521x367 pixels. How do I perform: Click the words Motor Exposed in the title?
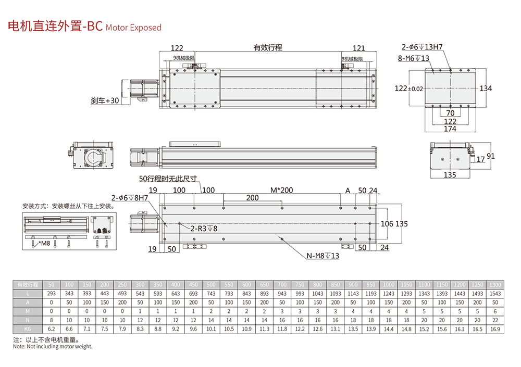click(x=133, y=28)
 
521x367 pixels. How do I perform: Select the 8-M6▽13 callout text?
click(x=414, y=58)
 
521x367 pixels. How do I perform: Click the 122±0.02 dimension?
click(x=408, y=88)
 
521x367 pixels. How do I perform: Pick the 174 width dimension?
click(x=450, y=129)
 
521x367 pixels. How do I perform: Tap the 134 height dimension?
click(x=486, y=88)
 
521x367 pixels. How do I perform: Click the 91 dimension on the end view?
click(x=491, y=156)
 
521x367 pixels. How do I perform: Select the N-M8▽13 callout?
click(x=322, y=256)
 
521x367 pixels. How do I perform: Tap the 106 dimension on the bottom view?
click(x=387, y=224)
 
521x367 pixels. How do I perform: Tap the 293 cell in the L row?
click(x=51, y=294)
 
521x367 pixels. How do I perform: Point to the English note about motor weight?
click(x=53, y=347)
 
